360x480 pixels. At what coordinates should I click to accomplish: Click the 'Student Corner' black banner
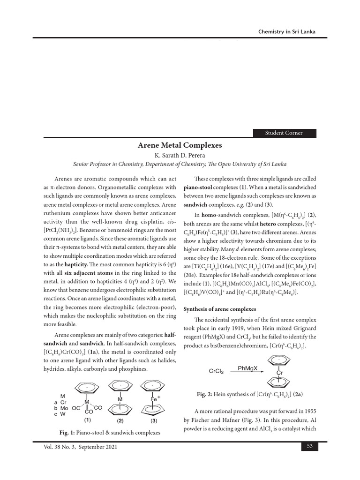click(285, 133)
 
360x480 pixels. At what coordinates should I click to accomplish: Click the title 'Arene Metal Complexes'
click(180, 145)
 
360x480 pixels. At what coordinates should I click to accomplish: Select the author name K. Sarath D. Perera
click(180, 155)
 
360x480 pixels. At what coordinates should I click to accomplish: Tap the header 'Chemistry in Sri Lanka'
click(287, 31)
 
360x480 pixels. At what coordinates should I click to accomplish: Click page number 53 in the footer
click(309, 447)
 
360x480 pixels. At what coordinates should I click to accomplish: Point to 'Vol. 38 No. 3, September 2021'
click(80, 447)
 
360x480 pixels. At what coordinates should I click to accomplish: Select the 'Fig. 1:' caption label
click(65, 432)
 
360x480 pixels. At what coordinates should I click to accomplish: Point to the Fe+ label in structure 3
click(155, 399)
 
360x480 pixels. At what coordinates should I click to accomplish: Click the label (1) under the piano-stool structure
click(87, 420)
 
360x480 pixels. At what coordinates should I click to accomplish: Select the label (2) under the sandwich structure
click(120, 420)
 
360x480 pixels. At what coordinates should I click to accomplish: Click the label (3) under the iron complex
click(153, 420)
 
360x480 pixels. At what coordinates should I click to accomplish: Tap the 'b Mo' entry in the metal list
click(61, 408)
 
